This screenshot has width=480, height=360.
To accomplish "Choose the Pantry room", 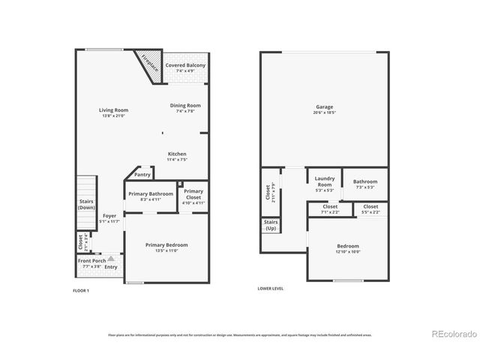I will [x=142, y=175].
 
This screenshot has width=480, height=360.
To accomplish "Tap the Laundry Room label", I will [x=324, y=181].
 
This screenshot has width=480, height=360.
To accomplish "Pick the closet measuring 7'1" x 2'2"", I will [x=330, y=208].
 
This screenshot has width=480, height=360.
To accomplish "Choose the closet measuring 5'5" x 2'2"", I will [x=370, y=208].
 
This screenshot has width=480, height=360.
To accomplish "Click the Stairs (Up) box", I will [x=271, y=225].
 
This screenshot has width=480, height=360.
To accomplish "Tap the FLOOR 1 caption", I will [x=80, y=289].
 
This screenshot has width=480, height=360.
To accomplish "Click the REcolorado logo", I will [x=452, y=334].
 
